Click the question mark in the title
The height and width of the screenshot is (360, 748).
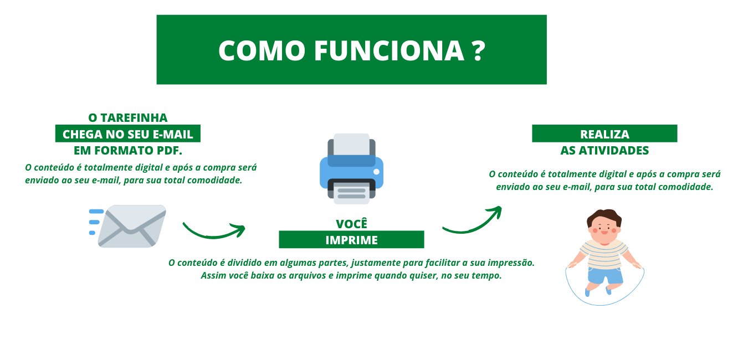(479, 51)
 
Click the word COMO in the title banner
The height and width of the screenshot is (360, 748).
(262, 51)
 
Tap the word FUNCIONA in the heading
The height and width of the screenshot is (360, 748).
(389, 51)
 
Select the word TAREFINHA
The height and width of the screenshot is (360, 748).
(134, 118)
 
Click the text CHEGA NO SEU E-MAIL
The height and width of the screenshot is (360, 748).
(128, 134)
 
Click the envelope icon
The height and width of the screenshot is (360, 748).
(132, 226)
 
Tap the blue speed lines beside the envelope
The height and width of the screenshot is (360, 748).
(96, 222)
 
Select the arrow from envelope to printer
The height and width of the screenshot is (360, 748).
(214, 234)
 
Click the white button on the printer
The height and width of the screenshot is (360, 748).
(376, 172)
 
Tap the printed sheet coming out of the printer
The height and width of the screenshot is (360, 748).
(352, 193)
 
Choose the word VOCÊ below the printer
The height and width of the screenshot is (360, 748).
(352, 224)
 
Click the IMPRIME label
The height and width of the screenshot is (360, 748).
(352, 240)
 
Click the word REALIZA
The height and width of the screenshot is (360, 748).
(604, 134)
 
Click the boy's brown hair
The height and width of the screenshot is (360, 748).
(604, 216)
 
